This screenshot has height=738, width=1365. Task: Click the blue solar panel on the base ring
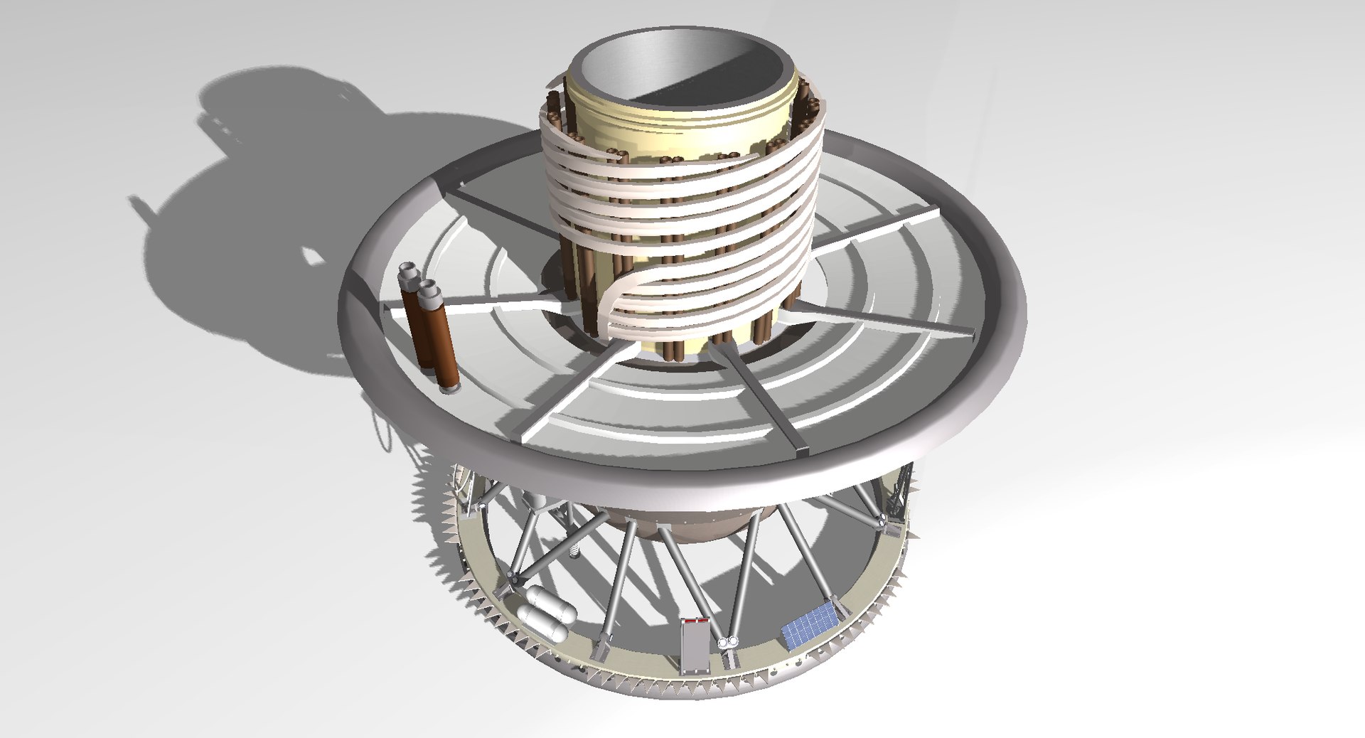coord(809,624)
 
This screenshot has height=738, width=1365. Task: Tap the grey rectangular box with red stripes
coord(693,646)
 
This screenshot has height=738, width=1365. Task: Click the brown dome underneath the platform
coord(682,526)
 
